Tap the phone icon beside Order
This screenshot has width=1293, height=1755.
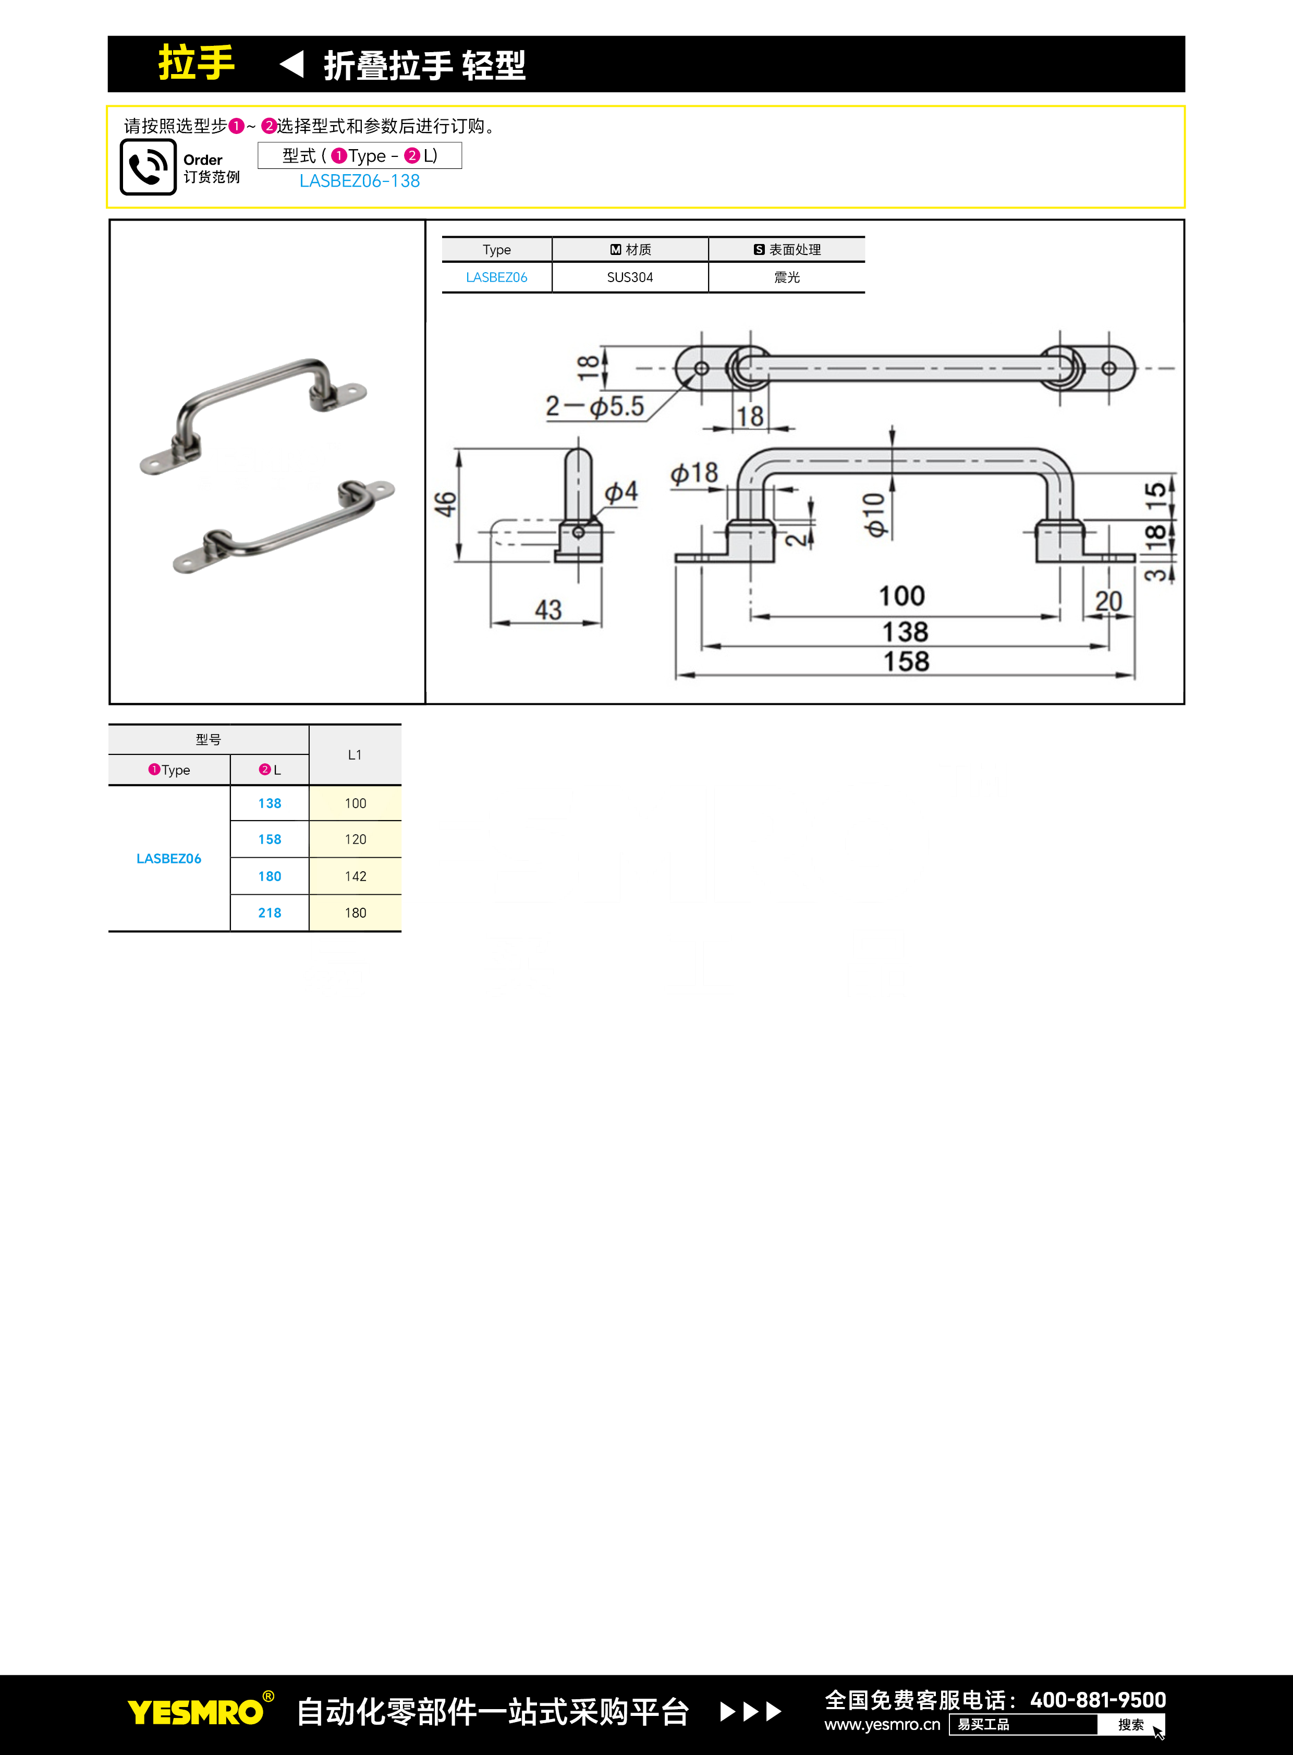pos(148,167)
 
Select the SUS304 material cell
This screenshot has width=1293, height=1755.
pos(629,277)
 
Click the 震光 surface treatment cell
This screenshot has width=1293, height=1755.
pos(787,277)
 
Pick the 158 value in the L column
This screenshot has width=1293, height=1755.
pos(269,839)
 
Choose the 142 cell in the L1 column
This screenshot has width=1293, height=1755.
pos(356,876)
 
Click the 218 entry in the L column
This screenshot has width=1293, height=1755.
pos(269,913)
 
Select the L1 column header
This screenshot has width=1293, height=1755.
pos(355,754)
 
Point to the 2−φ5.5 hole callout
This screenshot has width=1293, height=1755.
pos(595,406)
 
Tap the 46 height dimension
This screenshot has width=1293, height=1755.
pos(445,505)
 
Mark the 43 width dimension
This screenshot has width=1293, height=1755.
pos(548,610)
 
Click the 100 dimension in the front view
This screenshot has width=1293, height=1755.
pos(901,596)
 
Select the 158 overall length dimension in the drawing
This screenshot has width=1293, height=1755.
pos(906,662)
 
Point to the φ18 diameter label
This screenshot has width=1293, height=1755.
pos(694,473)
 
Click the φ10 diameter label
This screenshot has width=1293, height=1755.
pos(874,514)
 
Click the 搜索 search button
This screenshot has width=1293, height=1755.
pos(1131,1724)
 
